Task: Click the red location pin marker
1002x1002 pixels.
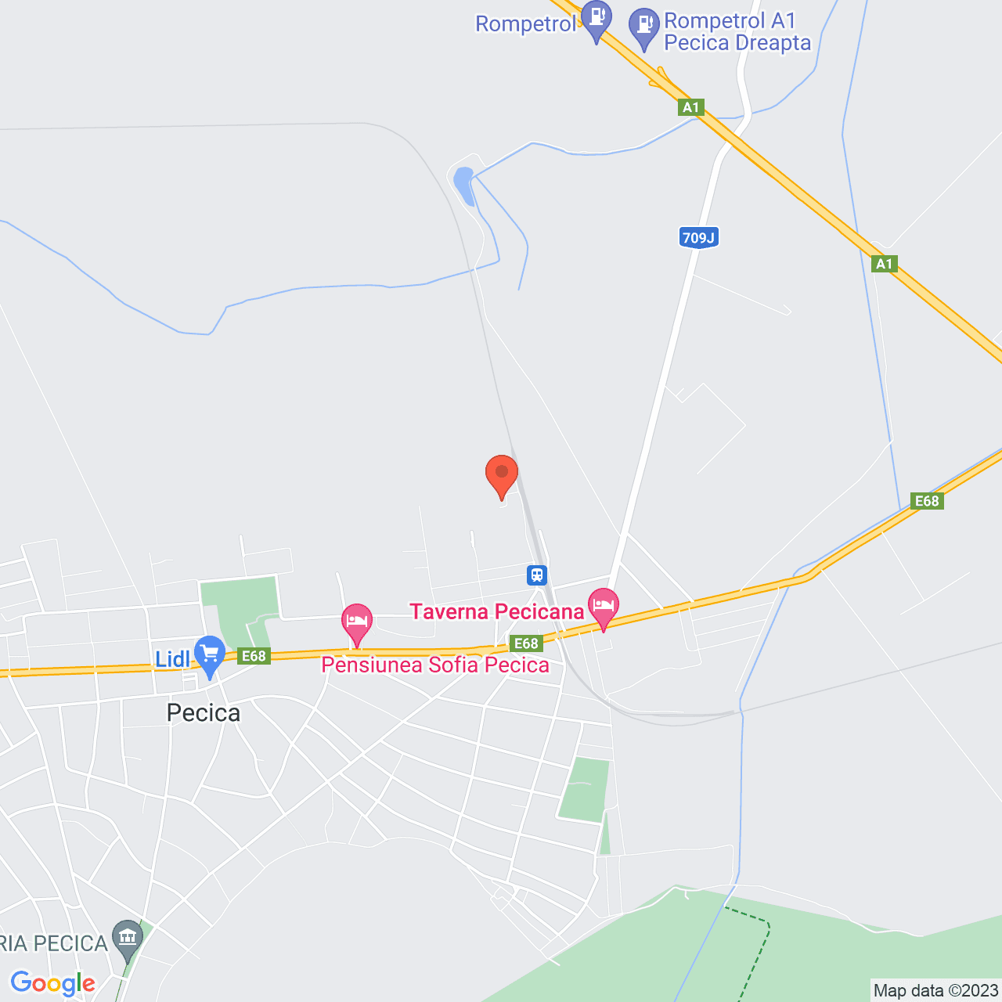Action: pyautogui.click(x=502, y=474)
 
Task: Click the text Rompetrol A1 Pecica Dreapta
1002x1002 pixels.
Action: pyautogui.click(x=737, y=32)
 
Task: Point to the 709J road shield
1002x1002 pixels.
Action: pyautogui.click(x=698, y=238)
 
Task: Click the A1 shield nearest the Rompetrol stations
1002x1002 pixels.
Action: pyautogui.click(x=690, y=107)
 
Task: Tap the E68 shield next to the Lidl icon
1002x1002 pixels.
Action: pyautogui.click(x=254, y=656)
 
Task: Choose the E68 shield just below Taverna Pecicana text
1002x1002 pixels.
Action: pyautogui.click(x=526, y=643)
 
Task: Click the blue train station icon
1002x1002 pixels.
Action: pyautogui.click(x=536, y=575)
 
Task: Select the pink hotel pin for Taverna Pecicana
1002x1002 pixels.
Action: pyautogui.click(x=604, y=607)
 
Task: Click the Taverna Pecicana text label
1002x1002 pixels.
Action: pyautogui.click(x=497, y=611)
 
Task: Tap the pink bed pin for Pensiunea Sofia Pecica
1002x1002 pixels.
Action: pyautogui.click(x=357, y=622)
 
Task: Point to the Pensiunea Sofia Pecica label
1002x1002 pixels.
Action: pyautogui.click(x=435, y=665)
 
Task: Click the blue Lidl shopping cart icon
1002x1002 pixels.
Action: pyautogui.click(x=210, y=654)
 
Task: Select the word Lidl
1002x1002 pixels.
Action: pyautogui.click(x=172, y=659)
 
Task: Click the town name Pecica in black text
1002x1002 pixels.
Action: pyautogui.click(x=204, y=712)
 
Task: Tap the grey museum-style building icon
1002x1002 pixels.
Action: pyautogui.click(x=128, y=937)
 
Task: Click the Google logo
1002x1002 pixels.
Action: pyautogui.click(x=52, y=983)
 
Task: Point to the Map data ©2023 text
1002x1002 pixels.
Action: pyautogui.click(x=935, y=991)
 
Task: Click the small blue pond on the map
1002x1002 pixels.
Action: pyautogui.click(x=464, y=185)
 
